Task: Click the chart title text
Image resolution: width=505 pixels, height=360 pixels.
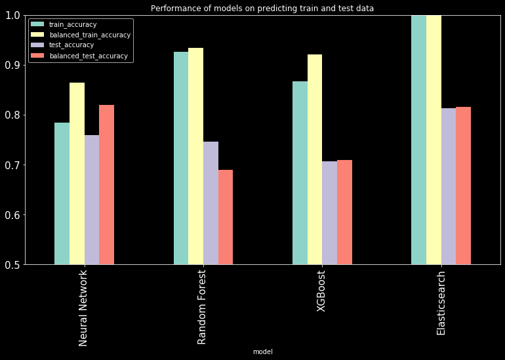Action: [262, 9]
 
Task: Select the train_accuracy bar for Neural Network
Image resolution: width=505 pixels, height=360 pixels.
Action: [62, 193]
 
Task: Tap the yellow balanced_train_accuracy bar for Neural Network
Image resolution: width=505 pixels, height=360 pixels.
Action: [77, 174]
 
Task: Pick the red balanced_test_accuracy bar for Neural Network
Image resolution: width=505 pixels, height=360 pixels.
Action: [107, 184]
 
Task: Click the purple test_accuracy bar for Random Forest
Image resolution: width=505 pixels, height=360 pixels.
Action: [211, 203]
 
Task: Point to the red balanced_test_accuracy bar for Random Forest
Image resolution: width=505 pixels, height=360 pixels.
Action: [226, 217]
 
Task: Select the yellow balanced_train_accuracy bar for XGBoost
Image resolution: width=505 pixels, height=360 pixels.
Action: [315, 159]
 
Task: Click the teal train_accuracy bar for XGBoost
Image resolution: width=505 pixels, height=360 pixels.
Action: [300, 173]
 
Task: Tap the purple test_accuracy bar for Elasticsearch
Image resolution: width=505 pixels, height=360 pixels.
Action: [449, 186]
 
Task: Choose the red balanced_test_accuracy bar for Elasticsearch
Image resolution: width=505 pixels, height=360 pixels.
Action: [464, 186]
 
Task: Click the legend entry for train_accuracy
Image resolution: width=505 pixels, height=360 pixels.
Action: [64, 24]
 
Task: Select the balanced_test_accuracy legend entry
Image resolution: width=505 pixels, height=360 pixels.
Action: [79, 56]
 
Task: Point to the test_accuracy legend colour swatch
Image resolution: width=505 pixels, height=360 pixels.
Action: [37, 45]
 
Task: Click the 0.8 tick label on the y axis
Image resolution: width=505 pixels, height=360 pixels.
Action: [13, 115]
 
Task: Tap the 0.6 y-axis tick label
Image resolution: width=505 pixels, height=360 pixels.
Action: [13, 215]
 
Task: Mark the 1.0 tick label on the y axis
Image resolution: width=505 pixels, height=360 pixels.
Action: [13, 16]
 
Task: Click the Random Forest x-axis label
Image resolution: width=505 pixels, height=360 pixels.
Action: [201, 307]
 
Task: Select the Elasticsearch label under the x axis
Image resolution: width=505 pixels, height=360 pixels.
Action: [441, 303]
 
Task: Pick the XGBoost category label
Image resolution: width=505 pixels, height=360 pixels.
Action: [321, 291]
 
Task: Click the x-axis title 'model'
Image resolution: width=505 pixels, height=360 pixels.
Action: [263, 351]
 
